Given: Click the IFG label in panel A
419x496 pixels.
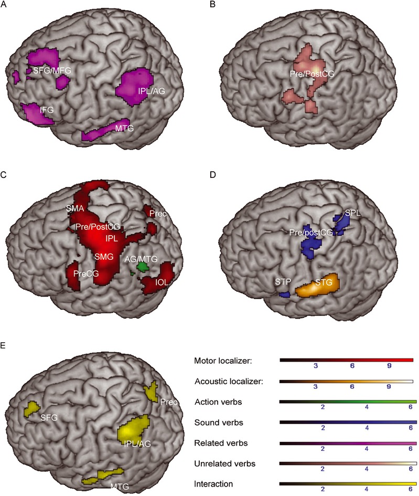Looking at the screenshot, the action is pyautogui.click(x=47, y=110).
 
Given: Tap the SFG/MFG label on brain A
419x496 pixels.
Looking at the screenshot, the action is pyautogui.click(x=52, y=70).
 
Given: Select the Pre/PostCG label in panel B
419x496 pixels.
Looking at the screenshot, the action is pyautogui.click(x=312, y=74).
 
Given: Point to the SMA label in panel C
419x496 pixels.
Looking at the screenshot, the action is pyautogui.click(x=75, y=208).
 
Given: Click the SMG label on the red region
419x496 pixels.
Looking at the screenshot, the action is pyautogui.click(x=104, y=257).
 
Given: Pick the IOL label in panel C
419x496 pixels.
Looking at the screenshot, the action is pyautogui.click(x=162, y=282).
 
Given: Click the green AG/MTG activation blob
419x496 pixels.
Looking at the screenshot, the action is pyautogui.click(x=143, y=268).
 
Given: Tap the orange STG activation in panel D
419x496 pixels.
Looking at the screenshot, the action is pyautogui.click(x=317, y=286).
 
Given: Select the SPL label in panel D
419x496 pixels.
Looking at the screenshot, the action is pyautogui.click(x=352, y=213).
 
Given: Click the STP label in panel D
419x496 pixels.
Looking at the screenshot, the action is pyautogui.click(x=283, y=282).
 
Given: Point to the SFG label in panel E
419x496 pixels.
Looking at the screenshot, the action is pyautogui.click(x=49, y=418).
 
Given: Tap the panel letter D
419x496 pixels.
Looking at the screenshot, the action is pyautogui.click(x=213, y=174).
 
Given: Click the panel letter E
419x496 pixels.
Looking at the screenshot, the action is pyautogui.click(x=3, y=345).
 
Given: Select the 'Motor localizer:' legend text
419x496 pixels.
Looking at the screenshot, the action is pyautogui.click(x=223, y=361).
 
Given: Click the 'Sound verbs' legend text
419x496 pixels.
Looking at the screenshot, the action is pyautogui.click(x=219, y=423).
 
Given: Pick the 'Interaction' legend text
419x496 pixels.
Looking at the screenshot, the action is pyautogui.click(x=213, y=484).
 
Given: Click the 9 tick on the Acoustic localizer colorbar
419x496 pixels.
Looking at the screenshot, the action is pyautogui.click(x=389, y=386).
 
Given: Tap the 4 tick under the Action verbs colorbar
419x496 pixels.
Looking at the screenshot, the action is pyautogui.click(x=367, y=407).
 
